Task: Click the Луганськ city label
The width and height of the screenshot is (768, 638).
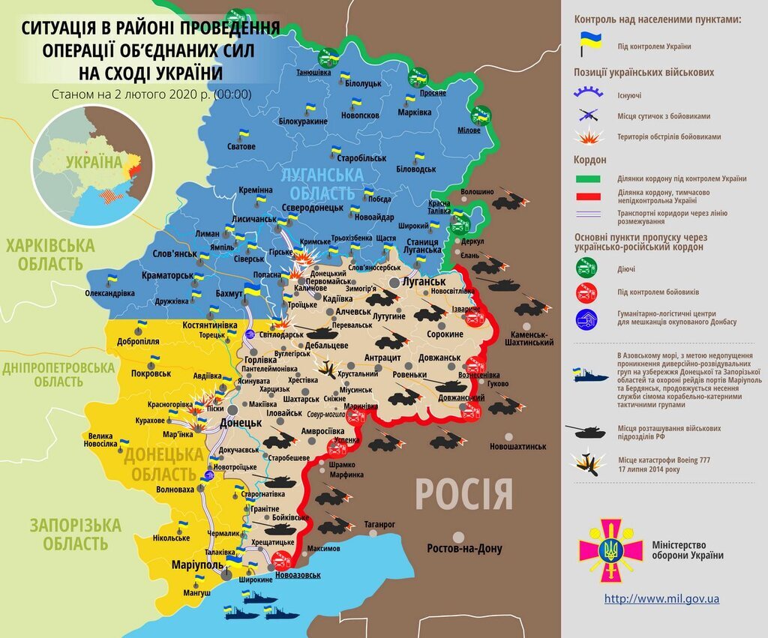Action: click(424, 281)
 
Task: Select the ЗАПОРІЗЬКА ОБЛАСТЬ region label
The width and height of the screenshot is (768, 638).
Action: click(64, 534)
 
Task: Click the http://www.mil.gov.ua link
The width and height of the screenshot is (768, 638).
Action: click(661, 599)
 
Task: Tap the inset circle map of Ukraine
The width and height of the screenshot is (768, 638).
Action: click(91, 166)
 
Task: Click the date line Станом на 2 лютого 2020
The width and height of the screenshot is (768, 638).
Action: click(151, 94)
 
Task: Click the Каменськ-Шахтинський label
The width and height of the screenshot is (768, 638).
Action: click(521, 337)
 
